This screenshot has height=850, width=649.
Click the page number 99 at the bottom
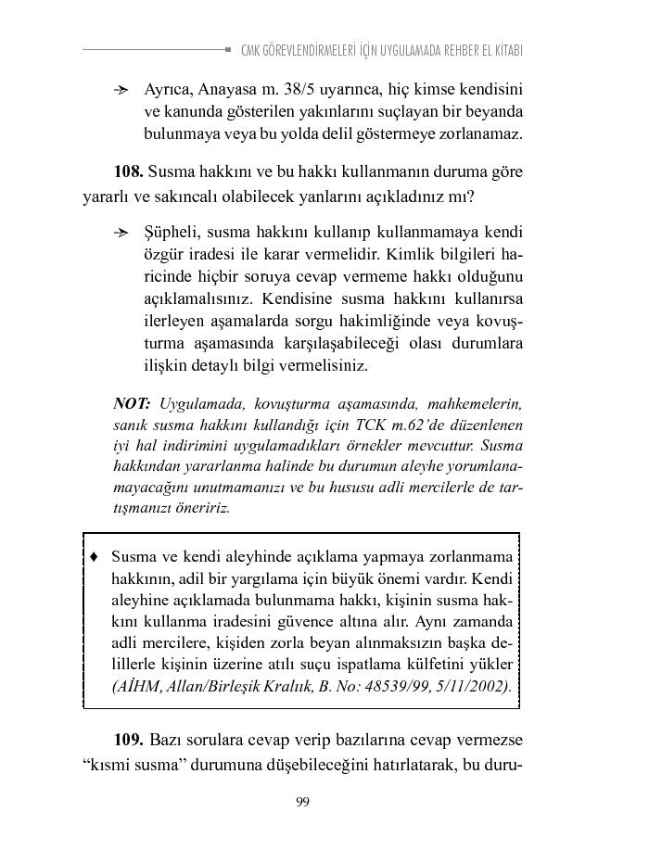click(302, 802)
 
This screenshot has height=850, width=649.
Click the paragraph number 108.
click(128, 171)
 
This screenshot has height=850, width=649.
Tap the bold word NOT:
click(132, 404)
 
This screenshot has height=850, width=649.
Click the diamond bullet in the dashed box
click(94, 557)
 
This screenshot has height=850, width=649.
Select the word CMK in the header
click(251, 50)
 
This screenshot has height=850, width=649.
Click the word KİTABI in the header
click(504, 50)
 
